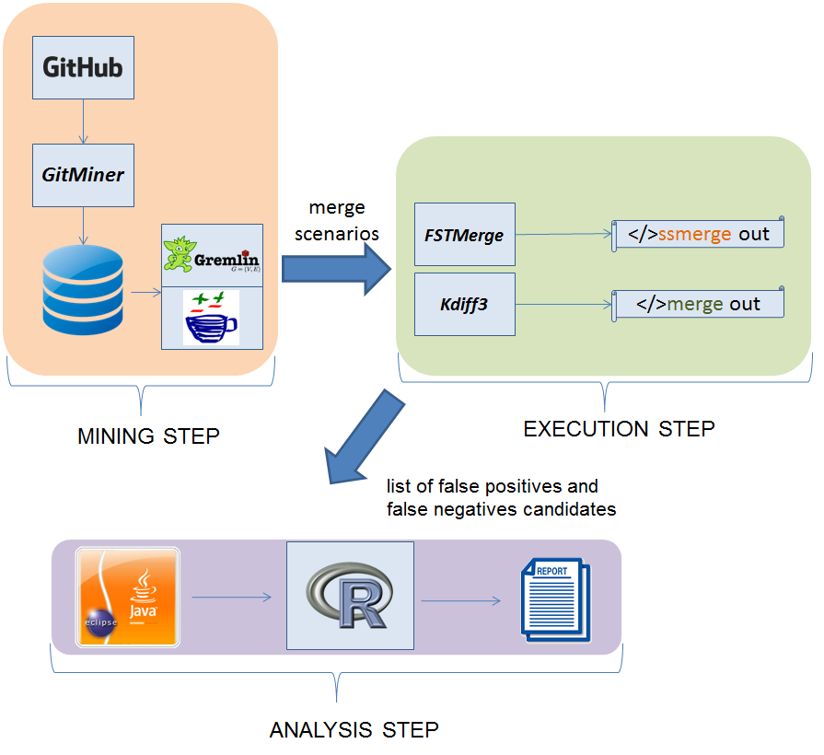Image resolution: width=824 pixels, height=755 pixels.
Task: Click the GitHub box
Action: click(x=83, y=68)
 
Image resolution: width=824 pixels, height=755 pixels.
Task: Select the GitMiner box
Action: click(x=83, y=175)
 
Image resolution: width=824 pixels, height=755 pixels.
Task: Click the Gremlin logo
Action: click(x=212, y=255)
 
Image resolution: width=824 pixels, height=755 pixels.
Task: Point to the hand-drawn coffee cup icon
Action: click(x=211, y=318)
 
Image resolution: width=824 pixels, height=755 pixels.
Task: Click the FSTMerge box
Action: click(x=464, y=235)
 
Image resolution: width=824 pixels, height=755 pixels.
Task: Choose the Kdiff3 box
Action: click(x=464, y=304)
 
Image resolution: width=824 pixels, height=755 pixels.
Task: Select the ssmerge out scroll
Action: click(x=699, y=234)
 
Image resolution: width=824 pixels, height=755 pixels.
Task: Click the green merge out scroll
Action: click(x=699, y=304)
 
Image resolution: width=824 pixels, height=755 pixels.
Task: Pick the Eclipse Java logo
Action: click(x=128, y=596)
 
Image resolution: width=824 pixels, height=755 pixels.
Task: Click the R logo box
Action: click(x=350, y=596)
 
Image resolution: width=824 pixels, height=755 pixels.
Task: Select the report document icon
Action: click(x=555, y=598)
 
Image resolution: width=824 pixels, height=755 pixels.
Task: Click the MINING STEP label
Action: click(x=148, y=436)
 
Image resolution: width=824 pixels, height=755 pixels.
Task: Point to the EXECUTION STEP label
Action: click(x=619, y=429)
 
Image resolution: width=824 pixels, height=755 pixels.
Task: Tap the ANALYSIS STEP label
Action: click(x=354, y=730)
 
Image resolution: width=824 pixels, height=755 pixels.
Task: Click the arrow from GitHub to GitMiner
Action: click(x=83, y=122)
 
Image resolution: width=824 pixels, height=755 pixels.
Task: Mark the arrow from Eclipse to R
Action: click(x=231, y=598)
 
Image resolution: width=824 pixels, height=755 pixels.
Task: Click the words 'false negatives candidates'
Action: click(x=501, y=508)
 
